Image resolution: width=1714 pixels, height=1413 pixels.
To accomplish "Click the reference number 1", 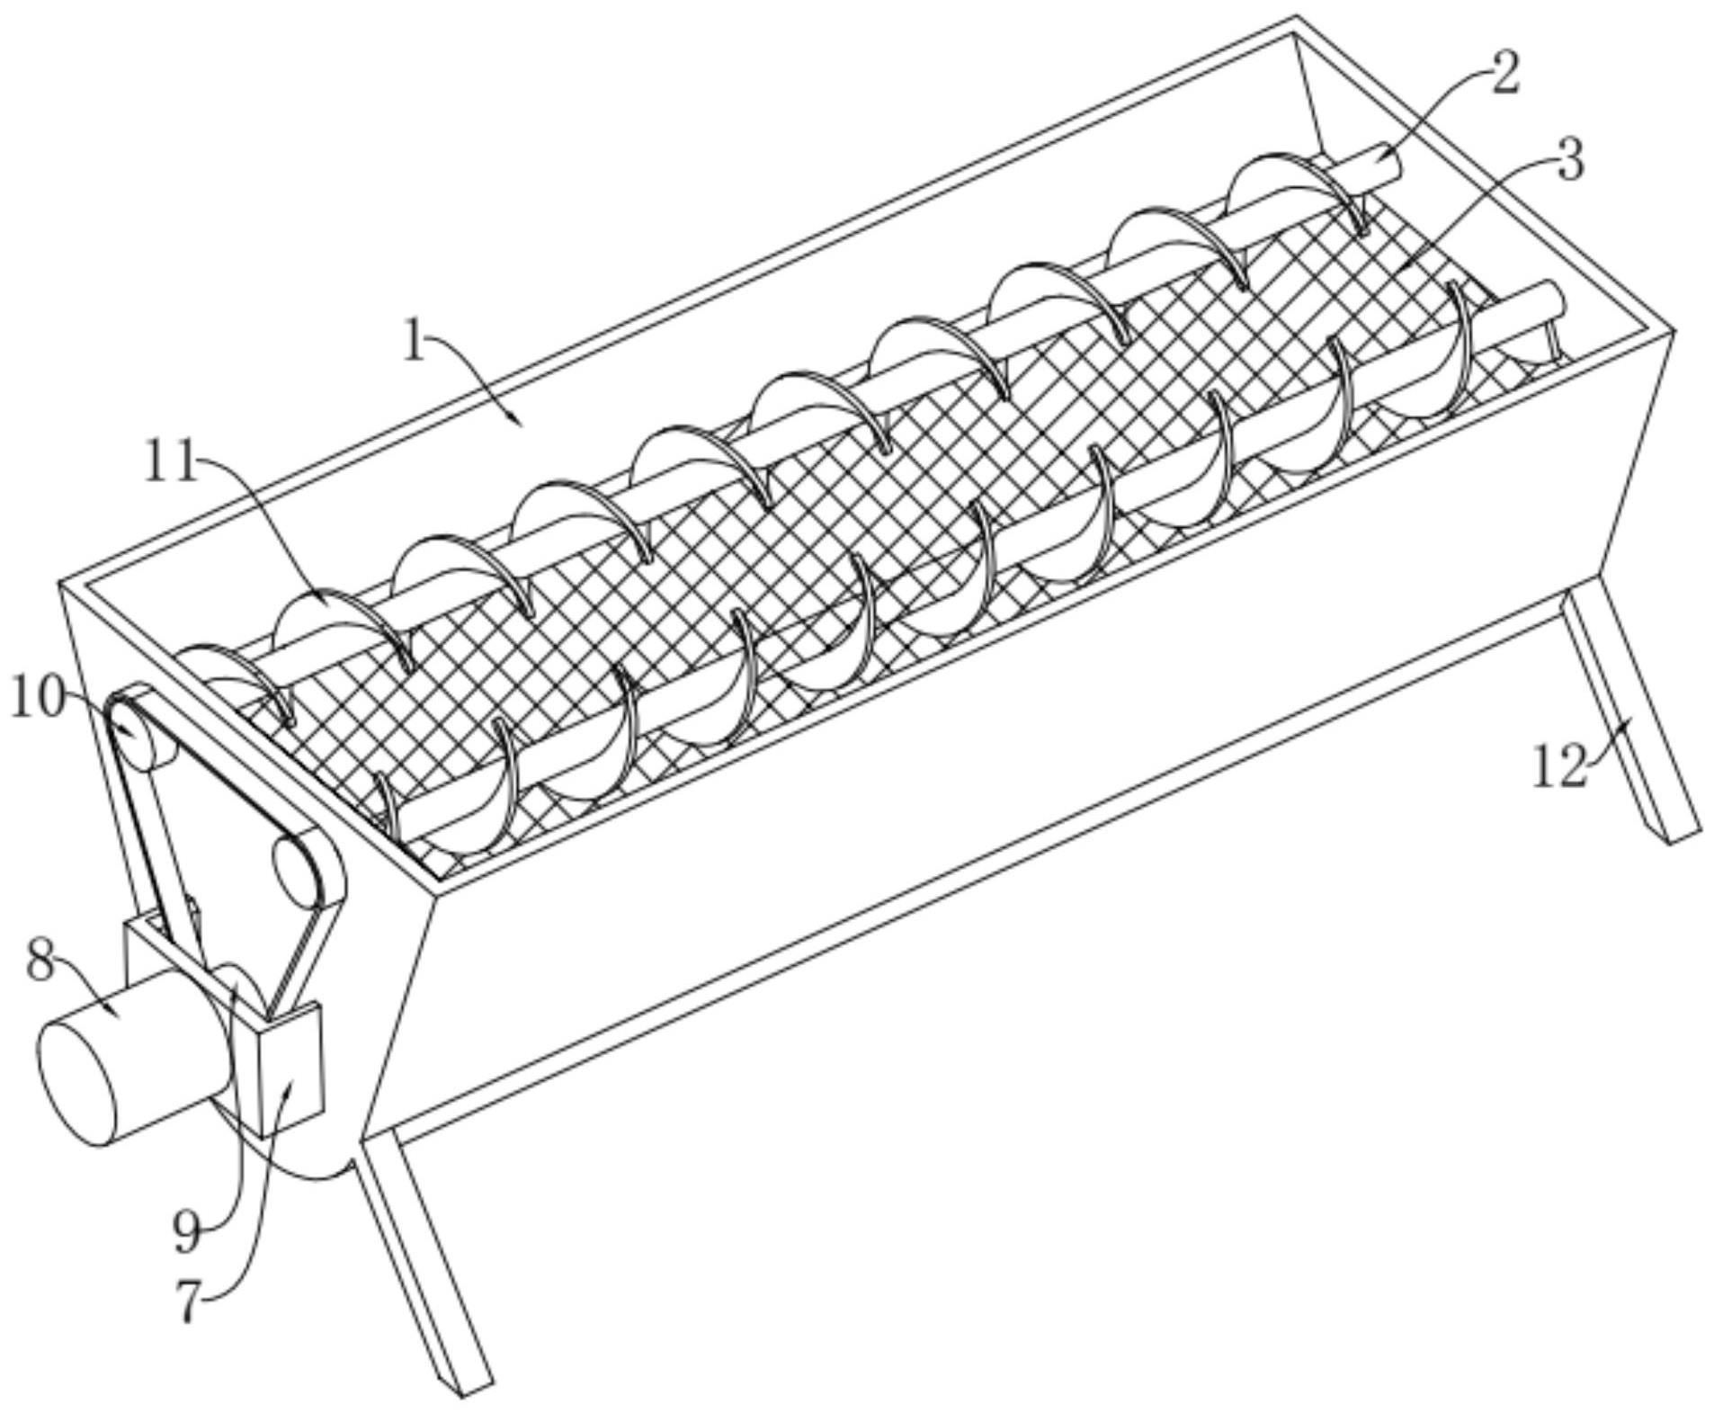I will pyautogui.click(x=413, y=342).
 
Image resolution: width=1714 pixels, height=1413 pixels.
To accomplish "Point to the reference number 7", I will pyautogui.click(x=187, y=1301).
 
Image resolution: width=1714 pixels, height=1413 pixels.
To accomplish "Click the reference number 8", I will pyautogui.click(x=39, y=960).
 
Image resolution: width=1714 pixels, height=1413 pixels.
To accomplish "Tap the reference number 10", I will pyautogui.click(x=37, y=698).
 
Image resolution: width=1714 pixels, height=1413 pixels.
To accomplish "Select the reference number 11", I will pyautogui.click(x=171, y=464).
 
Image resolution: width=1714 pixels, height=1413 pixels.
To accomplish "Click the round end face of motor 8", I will pyautogui.click(x=78, y=1080).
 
